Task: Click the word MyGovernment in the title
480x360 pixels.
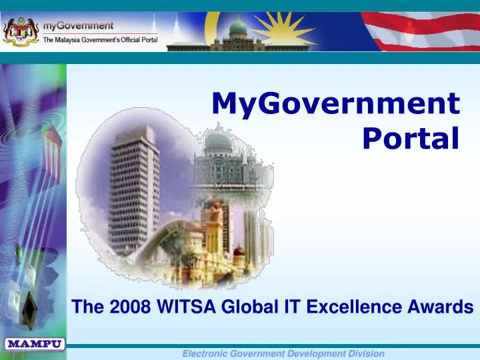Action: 335,105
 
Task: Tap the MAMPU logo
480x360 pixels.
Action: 35,345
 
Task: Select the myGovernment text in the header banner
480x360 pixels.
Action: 78,25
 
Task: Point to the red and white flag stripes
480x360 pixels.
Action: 427,30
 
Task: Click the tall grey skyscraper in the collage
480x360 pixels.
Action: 133,193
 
